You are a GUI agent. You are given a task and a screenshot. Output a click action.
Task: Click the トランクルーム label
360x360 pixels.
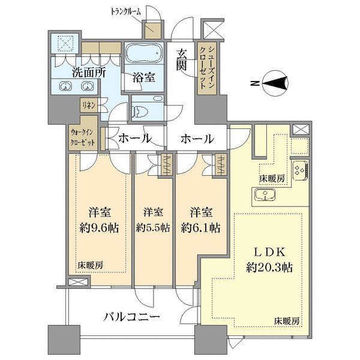[x=125, y=12]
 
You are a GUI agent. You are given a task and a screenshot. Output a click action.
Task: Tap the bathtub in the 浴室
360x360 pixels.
[x=144, y=53]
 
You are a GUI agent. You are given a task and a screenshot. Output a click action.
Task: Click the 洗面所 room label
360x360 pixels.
[x=89, y=73]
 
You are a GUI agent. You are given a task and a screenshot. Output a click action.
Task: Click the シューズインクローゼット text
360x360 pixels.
[x=208, y=68]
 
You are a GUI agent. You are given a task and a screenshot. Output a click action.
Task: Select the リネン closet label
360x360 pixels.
[x=89, y=106]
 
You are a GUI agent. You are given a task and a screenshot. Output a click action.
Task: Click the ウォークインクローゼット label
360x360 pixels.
[x=83, y=137]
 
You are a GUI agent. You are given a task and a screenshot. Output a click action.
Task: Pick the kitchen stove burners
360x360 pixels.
[x=299, y=170]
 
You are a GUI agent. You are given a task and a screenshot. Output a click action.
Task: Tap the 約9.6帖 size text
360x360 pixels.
[x=99, y=228]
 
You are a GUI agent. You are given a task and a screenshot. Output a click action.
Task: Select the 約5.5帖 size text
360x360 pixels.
[x=153, y=228]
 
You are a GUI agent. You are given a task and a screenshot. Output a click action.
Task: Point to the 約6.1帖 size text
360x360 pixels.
[x=200, y=228]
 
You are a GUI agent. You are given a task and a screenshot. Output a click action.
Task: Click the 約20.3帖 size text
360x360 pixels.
[x=269, y=268]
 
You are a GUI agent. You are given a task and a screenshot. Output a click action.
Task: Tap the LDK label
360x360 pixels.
[x=269, y=253]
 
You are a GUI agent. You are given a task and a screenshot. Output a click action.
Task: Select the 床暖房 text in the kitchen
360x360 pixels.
[x=272, y=178]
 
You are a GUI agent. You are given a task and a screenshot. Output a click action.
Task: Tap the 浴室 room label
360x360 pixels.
[x=144, y=77]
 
